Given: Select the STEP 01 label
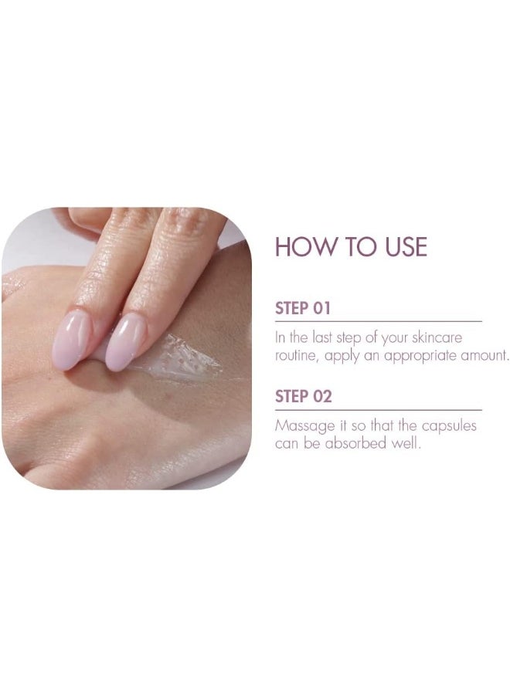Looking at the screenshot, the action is tap(303, 309).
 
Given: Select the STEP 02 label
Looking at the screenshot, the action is tap(304, 396).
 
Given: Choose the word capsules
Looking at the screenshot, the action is tap(449, 426).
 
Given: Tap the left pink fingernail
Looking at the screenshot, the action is tap(71, 339).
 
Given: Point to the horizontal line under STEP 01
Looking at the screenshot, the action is tap(379, 321).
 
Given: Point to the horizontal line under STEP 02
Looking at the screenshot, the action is tap(379, 409).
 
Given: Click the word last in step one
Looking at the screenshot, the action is tap(322, 337).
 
